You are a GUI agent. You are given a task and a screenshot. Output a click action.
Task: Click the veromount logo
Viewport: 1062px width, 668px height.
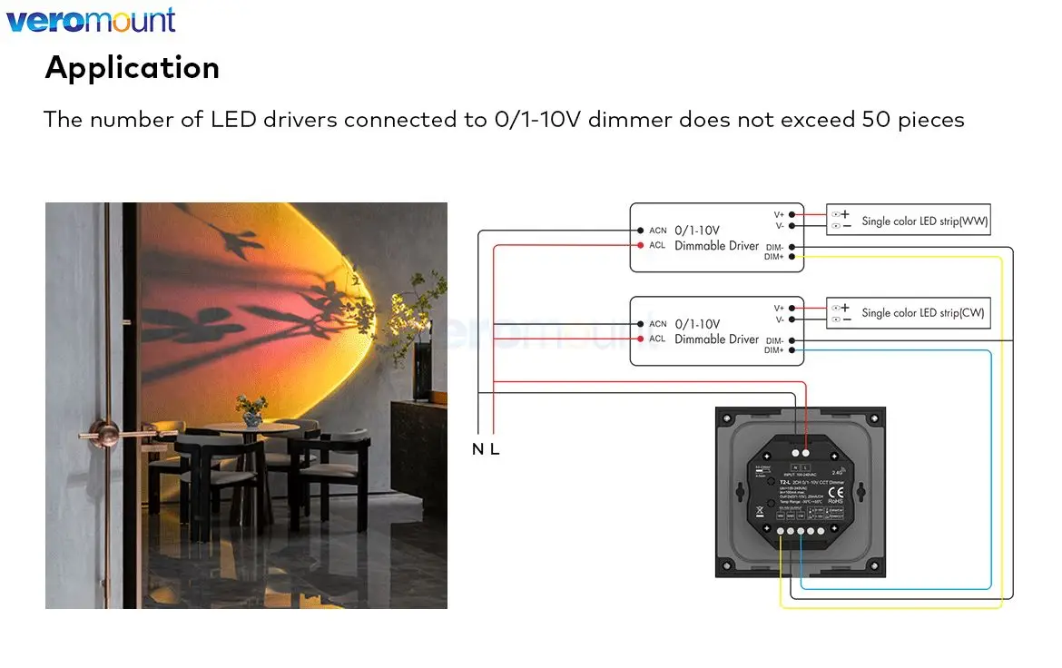tap(91, 20)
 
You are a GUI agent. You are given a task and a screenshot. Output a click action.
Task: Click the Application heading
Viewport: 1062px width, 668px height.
tap(133, 68)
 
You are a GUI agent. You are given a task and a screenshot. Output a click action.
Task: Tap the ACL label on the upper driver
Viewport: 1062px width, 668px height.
tap(657, 245)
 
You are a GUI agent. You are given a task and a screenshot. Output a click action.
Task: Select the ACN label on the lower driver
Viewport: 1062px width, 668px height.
tap(657, 324)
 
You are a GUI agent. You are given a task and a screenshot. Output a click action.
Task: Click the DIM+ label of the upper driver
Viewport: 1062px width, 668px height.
tap(773, 258)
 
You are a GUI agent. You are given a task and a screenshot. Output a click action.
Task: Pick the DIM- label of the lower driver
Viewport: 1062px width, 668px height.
tap(773, 340)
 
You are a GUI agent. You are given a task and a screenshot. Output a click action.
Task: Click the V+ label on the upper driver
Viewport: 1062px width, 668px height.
tap(778, 214)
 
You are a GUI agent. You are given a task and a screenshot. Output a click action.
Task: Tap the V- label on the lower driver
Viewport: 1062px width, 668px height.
tap(779, 319)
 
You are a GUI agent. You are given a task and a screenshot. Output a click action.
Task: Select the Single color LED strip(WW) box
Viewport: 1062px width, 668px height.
tap(908, 221)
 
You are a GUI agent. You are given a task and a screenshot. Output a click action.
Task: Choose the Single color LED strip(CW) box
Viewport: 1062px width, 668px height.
tap(908, 313)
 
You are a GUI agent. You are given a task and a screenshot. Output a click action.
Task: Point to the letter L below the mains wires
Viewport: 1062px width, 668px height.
tap(495, 449)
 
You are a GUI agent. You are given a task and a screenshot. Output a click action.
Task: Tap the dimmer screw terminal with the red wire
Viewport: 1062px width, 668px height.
tap(807, 451)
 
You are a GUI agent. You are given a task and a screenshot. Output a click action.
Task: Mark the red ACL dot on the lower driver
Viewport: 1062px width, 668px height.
tap(640, 339)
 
